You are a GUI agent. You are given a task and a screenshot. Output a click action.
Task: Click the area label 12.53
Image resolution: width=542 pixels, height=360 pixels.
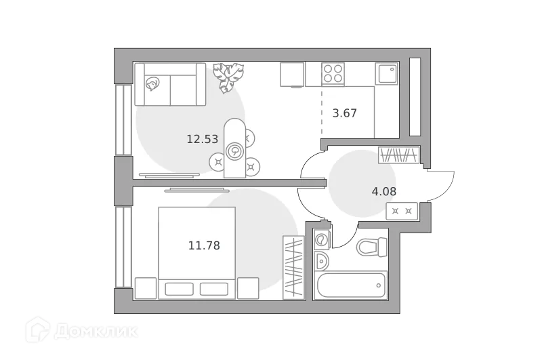(x=202, y=140)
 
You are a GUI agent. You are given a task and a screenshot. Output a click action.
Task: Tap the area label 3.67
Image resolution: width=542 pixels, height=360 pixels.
(x=344, y=113)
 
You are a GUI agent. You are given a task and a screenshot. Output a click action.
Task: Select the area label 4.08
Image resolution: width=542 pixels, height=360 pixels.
(x=384, y=191)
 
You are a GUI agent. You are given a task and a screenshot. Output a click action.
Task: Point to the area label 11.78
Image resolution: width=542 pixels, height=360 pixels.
(x=204, y=245)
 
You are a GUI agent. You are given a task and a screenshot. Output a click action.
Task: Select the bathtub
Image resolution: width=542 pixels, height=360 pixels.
(x=350, y=285)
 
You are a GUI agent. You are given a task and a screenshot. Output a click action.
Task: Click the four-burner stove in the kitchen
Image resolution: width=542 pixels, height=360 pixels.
(x=333, y=73)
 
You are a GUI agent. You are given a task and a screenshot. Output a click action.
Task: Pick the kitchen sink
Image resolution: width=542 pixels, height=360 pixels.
(x=387, y=73)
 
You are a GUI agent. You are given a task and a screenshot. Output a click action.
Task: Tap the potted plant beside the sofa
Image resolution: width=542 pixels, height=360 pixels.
(x=226, y=77)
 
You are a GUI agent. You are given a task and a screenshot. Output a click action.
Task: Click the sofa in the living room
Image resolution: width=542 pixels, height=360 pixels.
(x=169, y=84)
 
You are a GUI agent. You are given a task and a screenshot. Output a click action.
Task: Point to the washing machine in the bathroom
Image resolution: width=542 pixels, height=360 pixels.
(x=322, y=240)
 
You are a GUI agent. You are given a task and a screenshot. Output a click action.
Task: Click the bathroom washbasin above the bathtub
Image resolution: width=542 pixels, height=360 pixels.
(x=322, y=262)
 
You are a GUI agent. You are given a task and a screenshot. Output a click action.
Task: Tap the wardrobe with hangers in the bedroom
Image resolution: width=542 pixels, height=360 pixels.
(x=293, y=267)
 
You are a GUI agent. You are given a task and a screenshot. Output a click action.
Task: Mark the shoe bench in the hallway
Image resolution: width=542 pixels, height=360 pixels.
(x=402, y=211)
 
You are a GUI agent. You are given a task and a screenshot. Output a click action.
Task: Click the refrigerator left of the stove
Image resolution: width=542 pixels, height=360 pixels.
(x=292, y=74)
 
